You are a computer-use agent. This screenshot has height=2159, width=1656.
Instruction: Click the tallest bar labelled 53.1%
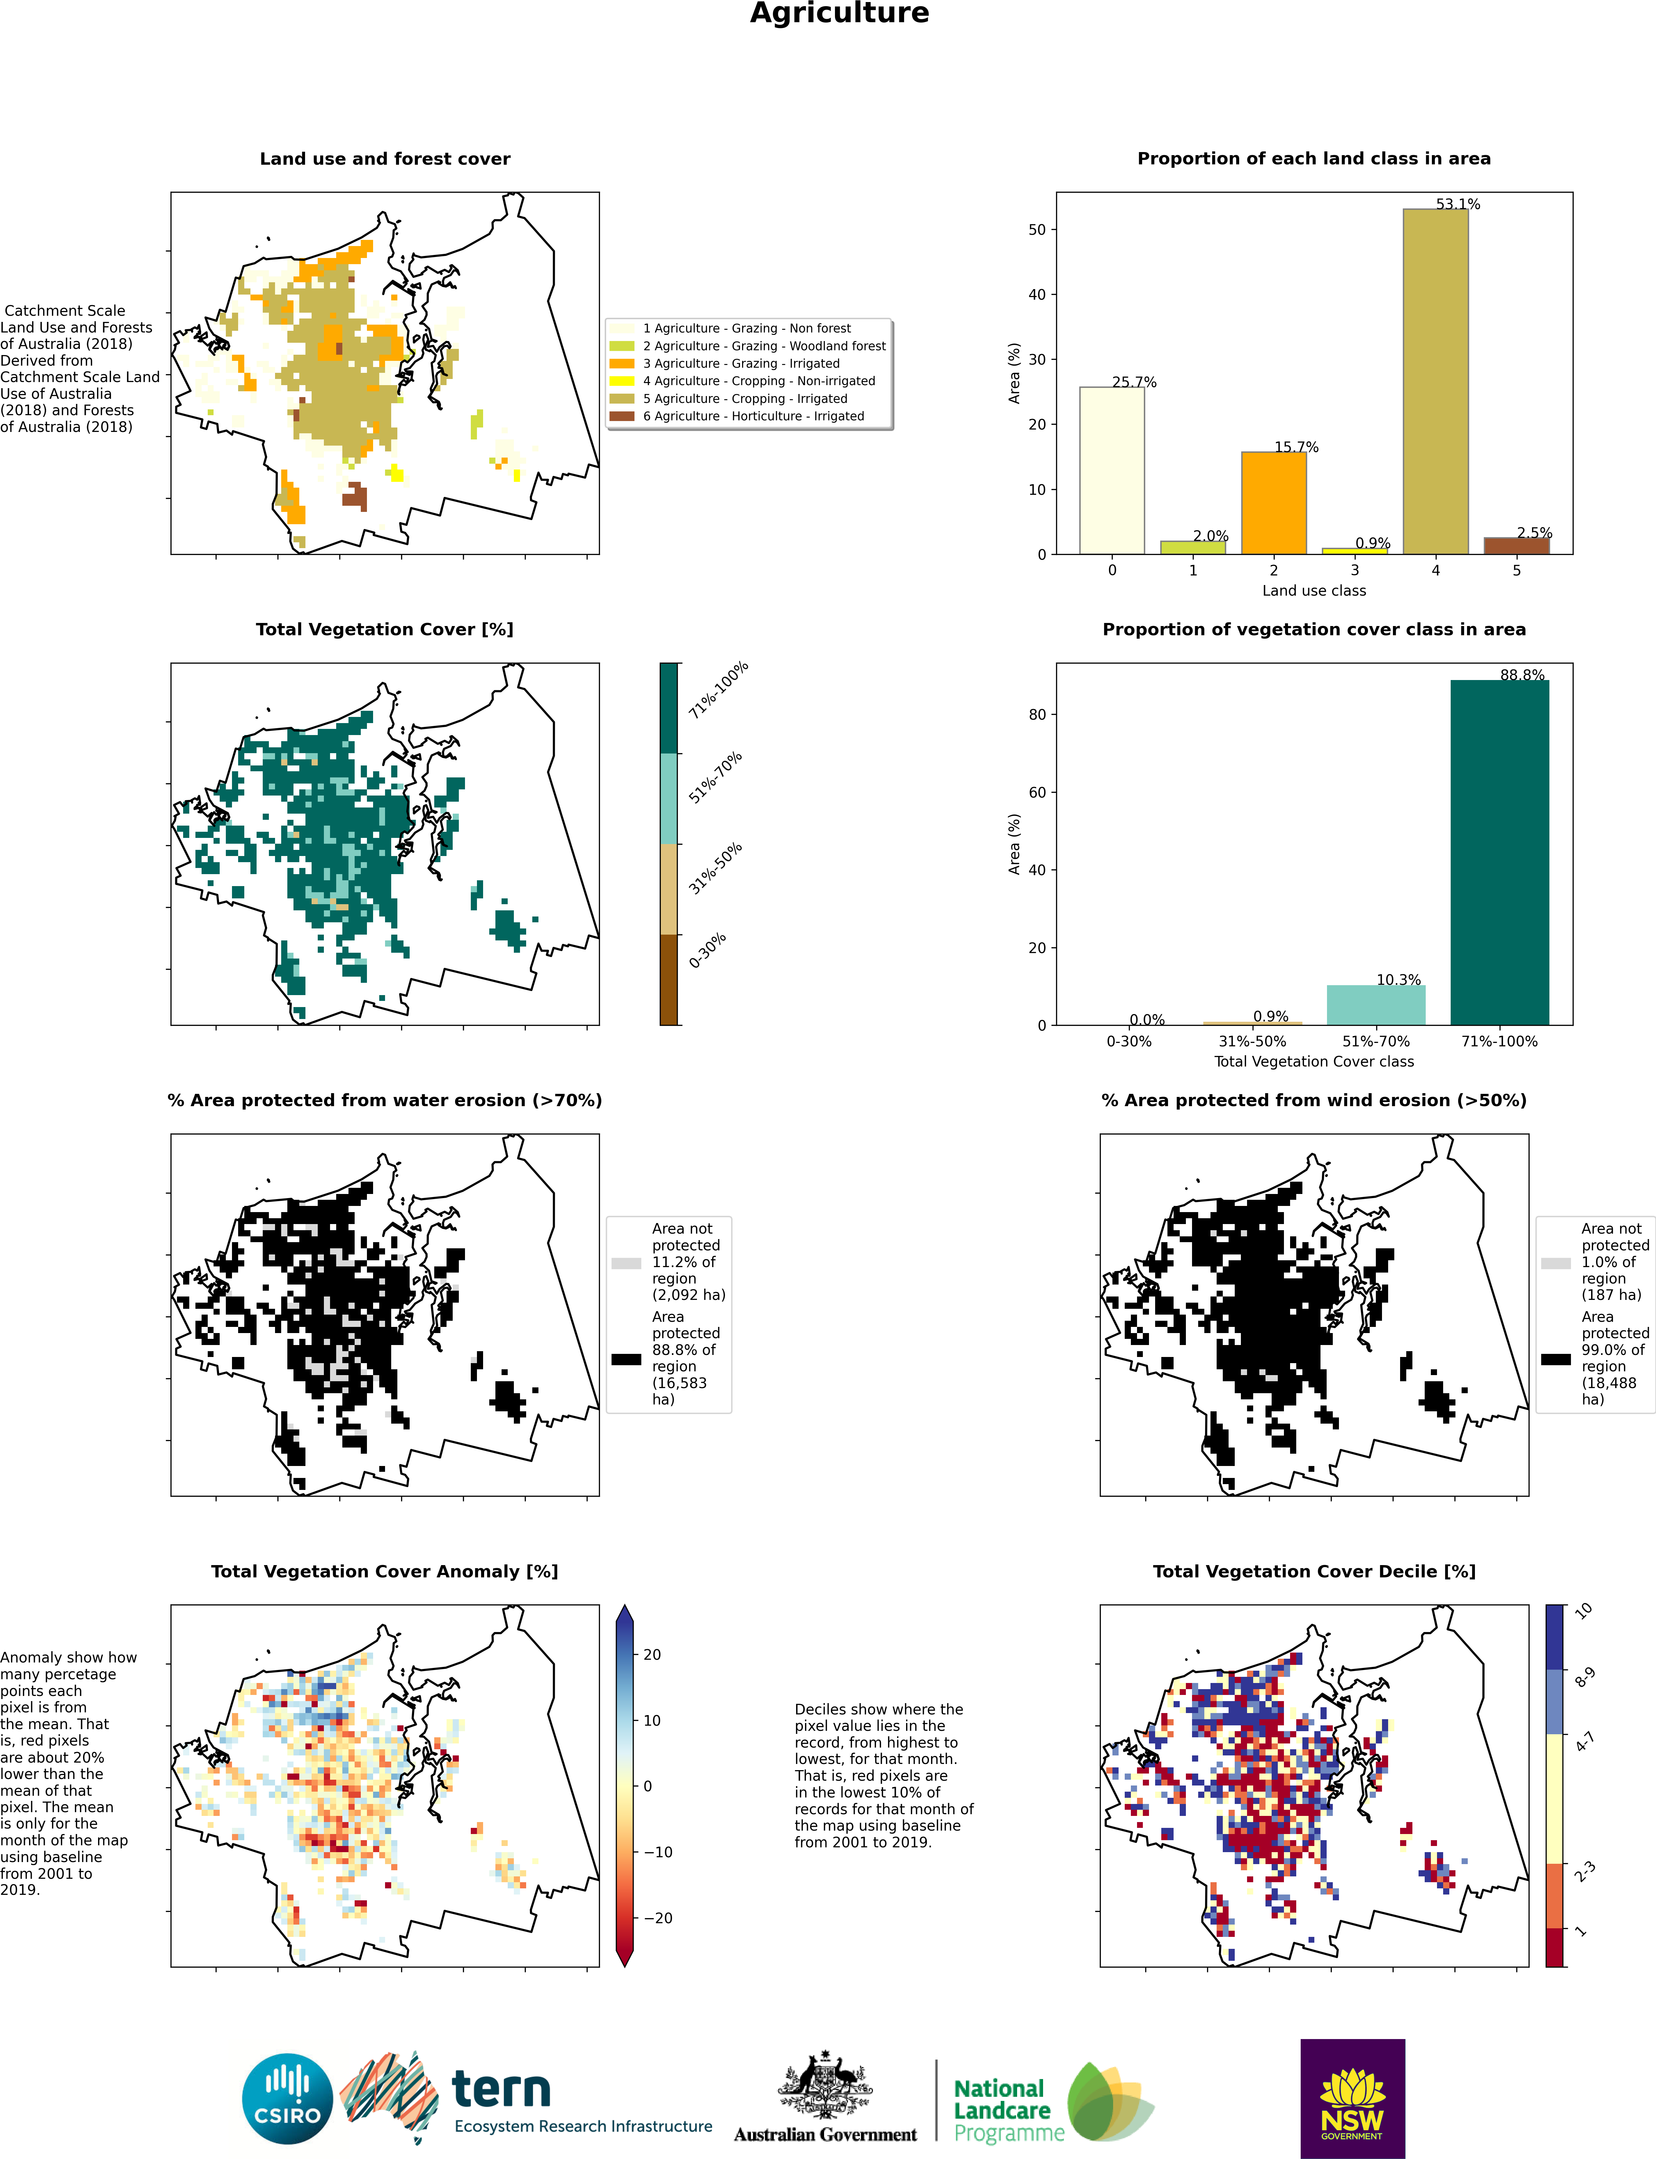point(1435,381)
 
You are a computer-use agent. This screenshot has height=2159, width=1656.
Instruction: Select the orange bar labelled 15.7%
point(1274,503)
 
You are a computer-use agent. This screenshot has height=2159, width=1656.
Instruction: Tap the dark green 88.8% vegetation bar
point(1499,853)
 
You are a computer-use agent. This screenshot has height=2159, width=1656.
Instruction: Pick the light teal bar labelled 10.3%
point(1376,1006)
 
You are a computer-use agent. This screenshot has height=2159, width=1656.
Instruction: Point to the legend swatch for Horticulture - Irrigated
point(622,416)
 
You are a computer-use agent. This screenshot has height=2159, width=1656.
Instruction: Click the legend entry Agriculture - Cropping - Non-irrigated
point(759,381)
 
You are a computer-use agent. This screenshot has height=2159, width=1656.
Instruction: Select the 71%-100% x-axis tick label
point(1499,1041)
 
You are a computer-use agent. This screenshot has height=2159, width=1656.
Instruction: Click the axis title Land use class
point(1314,590)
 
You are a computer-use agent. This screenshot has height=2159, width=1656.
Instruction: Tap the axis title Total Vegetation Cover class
point(1314,1062)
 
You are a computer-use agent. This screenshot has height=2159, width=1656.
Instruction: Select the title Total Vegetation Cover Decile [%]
point(1314,1572)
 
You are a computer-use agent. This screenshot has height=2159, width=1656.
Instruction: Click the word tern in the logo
point(501,2089)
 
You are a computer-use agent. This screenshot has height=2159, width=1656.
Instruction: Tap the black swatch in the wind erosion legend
point(1556,1359)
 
